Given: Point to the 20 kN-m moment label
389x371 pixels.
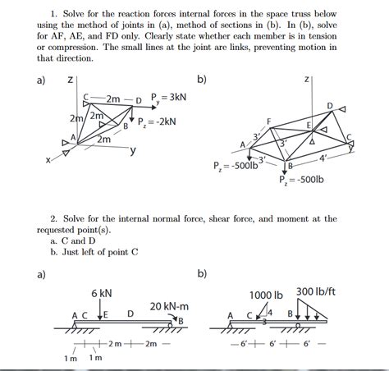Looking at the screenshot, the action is [x=169, y=305].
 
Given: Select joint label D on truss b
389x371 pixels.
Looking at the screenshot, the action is [x=330, y=106].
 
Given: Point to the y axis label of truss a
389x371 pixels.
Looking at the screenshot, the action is [x=132, y=151].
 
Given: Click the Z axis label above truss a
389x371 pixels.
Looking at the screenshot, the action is [x=73, y=79].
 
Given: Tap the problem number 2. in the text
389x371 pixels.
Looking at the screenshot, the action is [x=53, y=219].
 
